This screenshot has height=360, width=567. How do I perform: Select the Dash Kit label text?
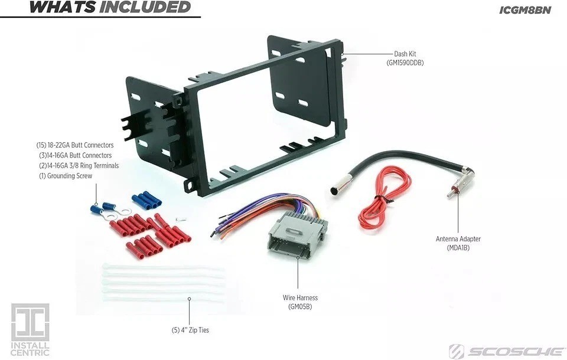click(405, 54)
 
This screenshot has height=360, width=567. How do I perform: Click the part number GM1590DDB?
click(405, 63)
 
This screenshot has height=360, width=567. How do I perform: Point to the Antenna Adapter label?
click(458, 239)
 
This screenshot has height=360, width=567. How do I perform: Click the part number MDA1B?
click(458, 248)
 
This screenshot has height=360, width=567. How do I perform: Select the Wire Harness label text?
click(300, 298)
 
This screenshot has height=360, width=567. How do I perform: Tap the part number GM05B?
click(300, 307)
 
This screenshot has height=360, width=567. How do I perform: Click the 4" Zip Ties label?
click(190, 330)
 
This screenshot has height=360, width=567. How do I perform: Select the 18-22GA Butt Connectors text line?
click(75, 145)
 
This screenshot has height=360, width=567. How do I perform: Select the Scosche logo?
click(506, 352)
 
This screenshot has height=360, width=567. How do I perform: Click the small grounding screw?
click(181, 220)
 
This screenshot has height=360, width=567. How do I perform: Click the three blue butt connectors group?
click(146, 199)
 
